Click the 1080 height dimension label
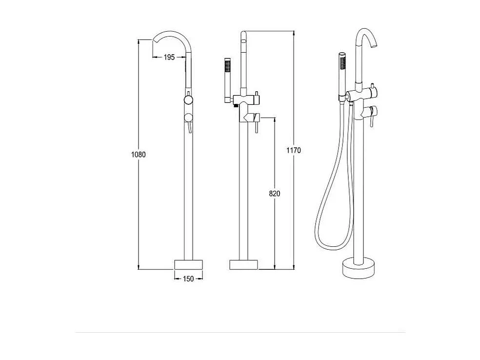tap(139, 154)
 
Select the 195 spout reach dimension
tap(169, 57)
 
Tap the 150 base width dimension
tap(188, 279)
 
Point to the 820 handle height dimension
tap(274, 194)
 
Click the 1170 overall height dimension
tap(294, 150)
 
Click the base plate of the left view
tap(188, 264)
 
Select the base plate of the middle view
tap(243, 264)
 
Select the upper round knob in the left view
tap(187, 100)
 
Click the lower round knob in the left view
tap(187, 117)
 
